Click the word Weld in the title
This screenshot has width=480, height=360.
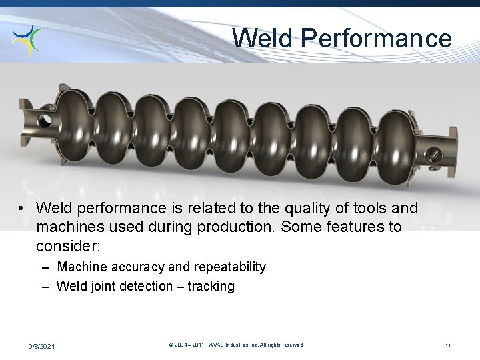pos(263,38)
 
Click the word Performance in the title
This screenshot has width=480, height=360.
pos(376,38)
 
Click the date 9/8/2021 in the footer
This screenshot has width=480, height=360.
pos(42,345)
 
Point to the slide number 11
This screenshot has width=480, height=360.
pos(448,345)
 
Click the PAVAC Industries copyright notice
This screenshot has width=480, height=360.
pos(236,345)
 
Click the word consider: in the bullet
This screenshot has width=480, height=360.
pos(68,246)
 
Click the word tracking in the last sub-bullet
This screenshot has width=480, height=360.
pos(211,287)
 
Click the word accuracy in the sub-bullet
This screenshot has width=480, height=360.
pos(132,267)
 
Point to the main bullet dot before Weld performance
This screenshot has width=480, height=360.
pos(23,209)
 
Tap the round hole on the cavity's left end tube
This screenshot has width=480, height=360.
pos(46,121)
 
